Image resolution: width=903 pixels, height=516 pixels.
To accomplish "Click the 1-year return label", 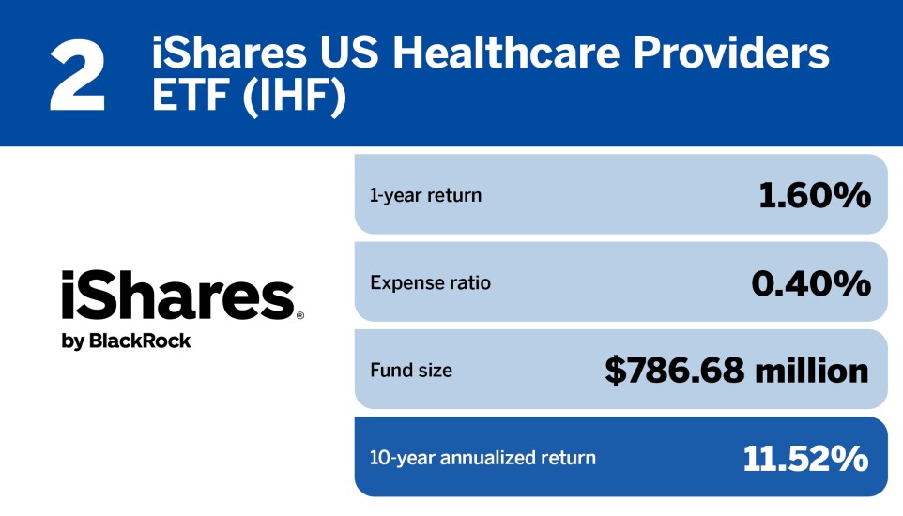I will (x=425, y=196).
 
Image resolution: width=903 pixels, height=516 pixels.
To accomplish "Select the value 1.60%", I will (x=814, y=195).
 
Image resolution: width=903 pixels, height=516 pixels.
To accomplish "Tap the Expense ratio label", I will (x=430, y=282).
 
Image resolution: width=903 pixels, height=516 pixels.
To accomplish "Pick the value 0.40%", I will (x=811, y=282).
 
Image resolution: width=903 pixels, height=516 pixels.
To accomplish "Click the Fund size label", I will (x=411, y=370).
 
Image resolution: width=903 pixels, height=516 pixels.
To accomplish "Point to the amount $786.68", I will (x=674, y=370).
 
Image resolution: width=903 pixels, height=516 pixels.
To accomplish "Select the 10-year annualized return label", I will (x=482, y=458).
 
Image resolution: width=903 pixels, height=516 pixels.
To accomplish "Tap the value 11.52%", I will (x=805, y=458).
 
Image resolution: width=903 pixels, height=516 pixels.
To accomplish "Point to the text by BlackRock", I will (x=126, y=341).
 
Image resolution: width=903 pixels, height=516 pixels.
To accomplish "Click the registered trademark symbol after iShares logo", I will (x=299, y=317).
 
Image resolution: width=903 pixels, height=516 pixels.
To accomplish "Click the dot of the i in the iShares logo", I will (x=69, y=276).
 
